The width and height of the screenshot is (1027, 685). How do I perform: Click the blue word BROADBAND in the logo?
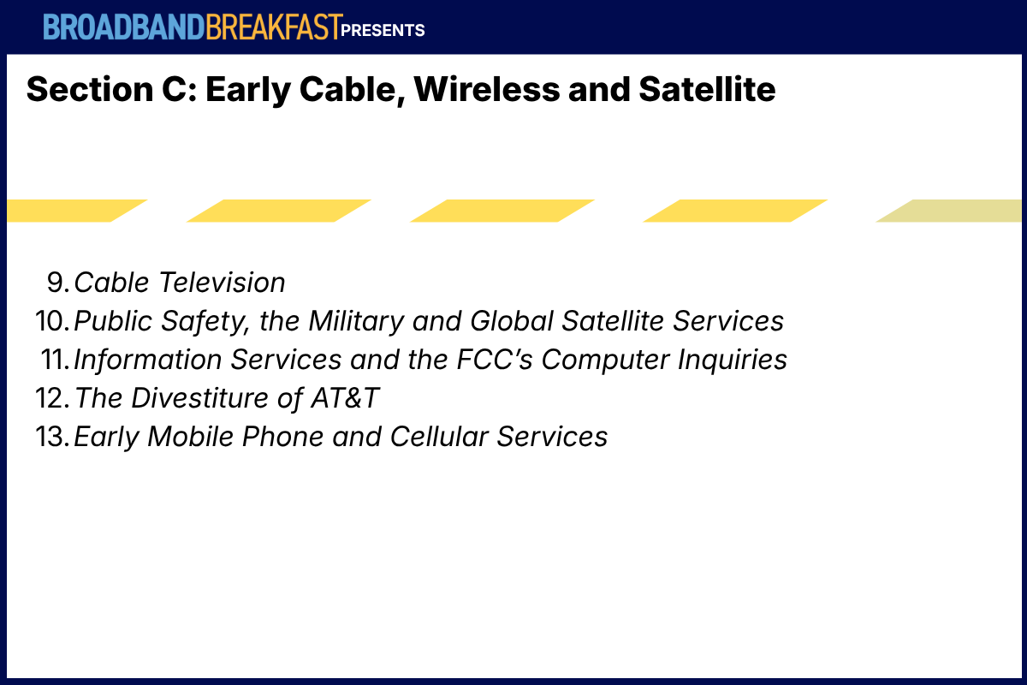tap(124, 27)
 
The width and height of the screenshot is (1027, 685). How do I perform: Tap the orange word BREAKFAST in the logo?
tap(274, 27)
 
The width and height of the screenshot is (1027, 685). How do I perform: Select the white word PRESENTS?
tap(383, 30)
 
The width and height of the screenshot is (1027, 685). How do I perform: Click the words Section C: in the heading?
tap(112, 89)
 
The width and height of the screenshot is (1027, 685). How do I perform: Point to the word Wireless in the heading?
tap(487, 89)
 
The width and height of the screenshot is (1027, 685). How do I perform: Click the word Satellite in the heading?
tap(707, 89)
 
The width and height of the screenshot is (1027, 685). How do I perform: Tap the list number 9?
tap(58, 283)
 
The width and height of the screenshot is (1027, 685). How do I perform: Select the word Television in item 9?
tap(222, 283)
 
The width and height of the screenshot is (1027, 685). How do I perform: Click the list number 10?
tap(53, 321)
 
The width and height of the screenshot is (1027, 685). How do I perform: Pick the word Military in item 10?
tap(356, 321)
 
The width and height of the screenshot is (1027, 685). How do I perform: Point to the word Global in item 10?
tap(512, 321)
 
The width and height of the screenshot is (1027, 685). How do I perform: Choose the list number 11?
tap(56, 360)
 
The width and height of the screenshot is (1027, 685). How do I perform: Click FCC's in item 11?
tap(495, 360)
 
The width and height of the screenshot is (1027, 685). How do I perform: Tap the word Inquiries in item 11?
tap(733, 360)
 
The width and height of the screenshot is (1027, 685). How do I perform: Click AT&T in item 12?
tap(345, 398)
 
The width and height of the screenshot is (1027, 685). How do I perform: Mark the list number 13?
tap(53, 437)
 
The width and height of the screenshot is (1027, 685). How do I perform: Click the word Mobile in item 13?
tap(190, 437)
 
